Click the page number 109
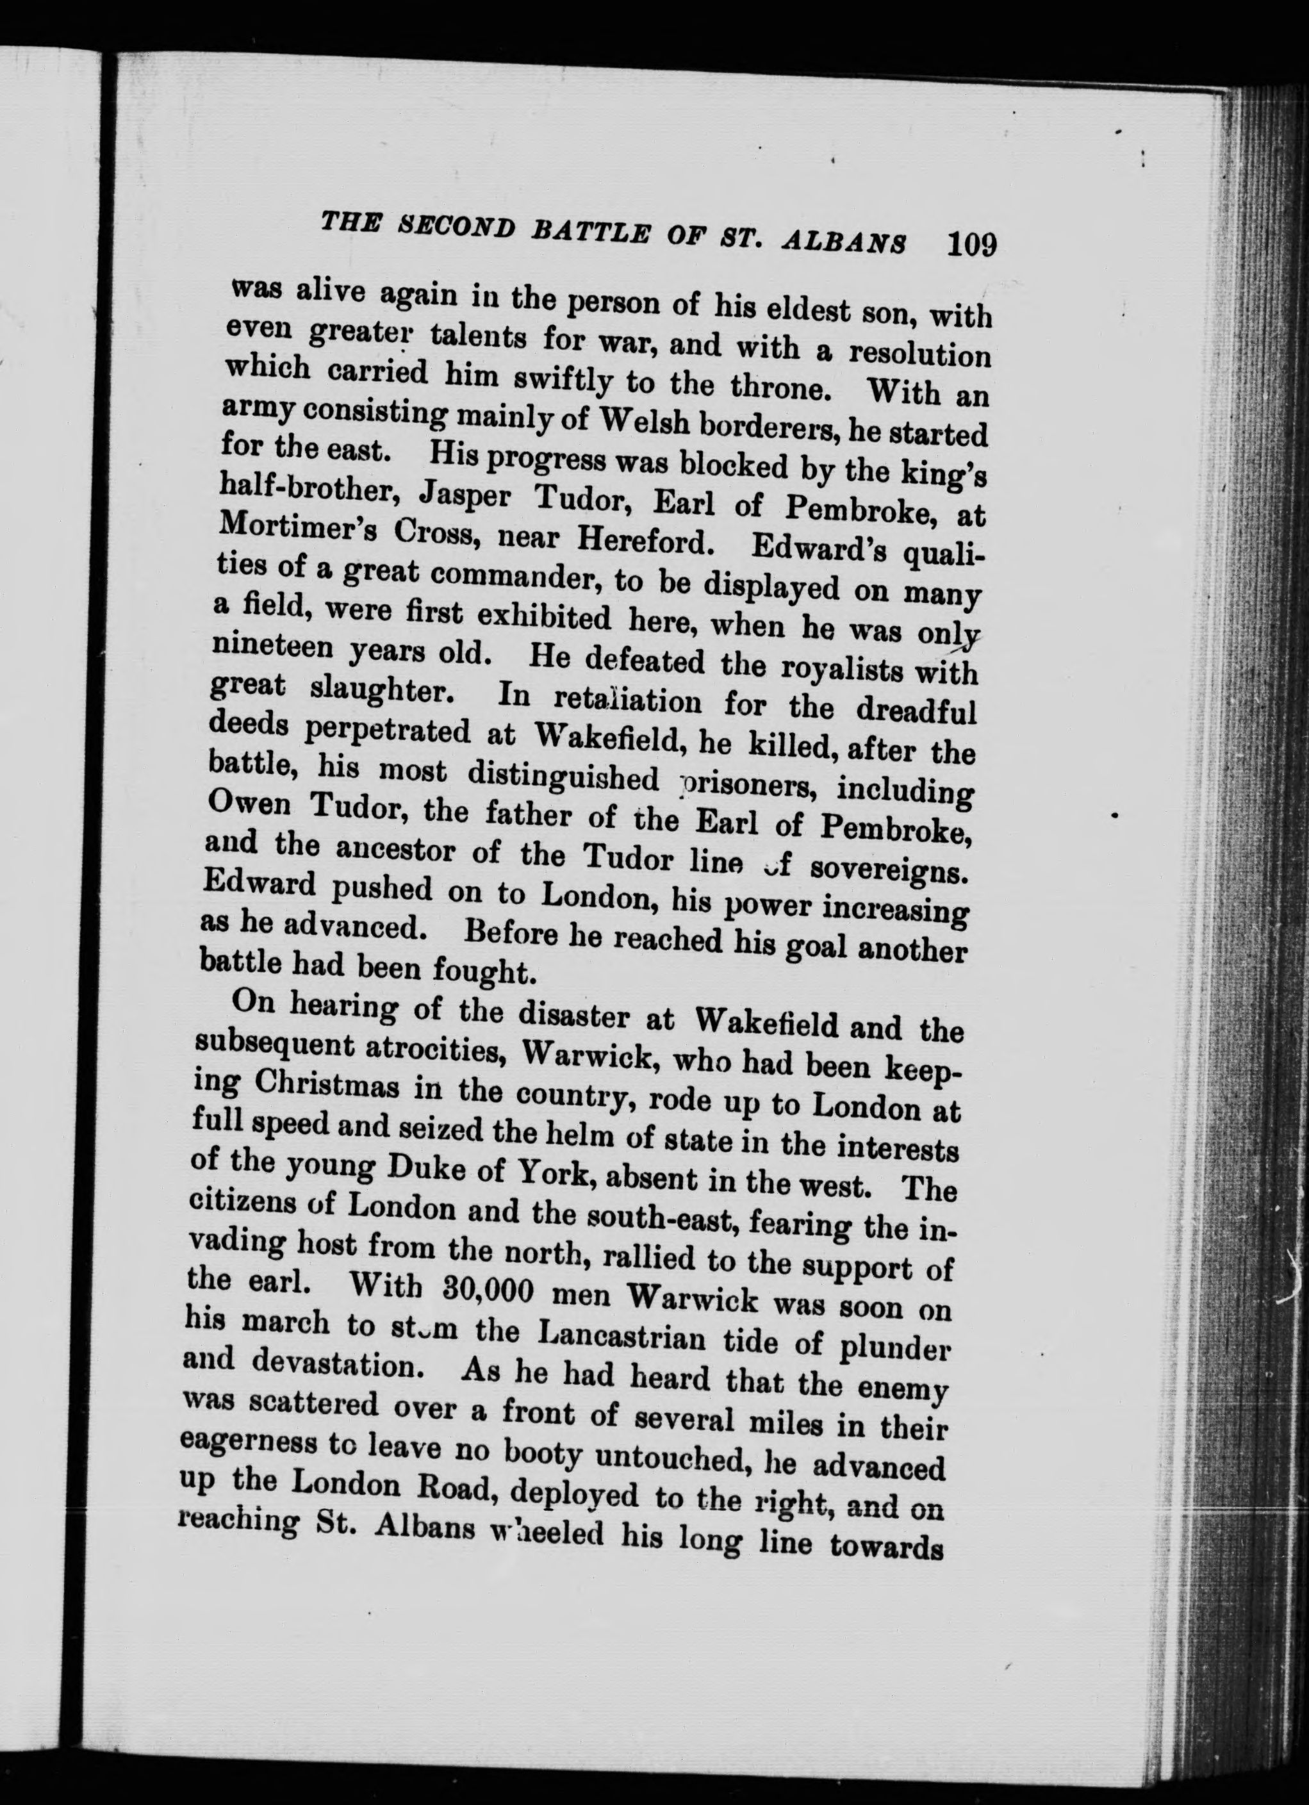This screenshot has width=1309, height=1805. tap(971, 243)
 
